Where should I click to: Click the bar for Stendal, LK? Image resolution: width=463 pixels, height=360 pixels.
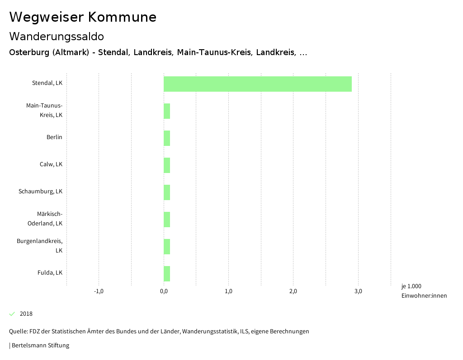coord(257,84)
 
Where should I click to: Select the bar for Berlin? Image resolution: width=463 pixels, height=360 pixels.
coord(167,138)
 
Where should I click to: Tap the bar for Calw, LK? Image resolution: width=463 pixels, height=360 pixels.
coord(167,165)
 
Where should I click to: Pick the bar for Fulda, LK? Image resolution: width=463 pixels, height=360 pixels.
coord(167,274)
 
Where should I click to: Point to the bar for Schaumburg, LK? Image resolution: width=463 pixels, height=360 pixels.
coord(167,192)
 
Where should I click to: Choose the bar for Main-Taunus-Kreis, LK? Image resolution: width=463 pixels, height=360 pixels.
coord(167,111)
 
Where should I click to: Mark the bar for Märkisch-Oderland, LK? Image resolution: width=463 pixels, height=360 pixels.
coord(167,220)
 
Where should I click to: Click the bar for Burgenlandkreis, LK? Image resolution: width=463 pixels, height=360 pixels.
coord(167,247)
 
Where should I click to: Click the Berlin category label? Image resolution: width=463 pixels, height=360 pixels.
coord(54,137)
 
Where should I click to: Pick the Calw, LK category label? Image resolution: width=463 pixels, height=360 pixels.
coord(51,164)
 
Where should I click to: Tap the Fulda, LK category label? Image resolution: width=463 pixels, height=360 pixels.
coord(50,273)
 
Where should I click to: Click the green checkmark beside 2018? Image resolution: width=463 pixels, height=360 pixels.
coord(12,314)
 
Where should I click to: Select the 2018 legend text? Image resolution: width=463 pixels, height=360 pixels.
coord(26,314)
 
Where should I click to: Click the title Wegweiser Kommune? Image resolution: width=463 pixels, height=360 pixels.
coord(83,17)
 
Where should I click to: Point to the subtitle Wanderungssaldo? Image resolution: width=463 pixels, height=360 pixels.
coord(57,36)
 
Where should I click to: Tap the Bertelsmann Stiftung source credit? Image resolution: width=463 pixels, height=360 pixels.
coord(40,346)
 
